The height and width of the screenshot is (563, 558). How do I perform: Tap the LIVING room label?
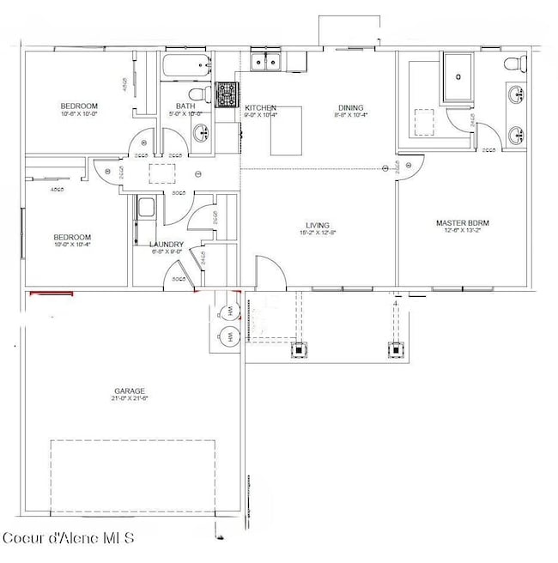click(314, 224)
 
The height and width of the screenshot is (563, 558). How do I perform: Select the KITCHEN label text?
click(259, 107)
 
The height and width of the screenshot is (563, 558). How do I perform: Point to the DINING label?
click(349, 107)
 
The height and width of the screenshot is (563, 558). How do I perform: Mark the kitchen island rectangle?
click(288, 130)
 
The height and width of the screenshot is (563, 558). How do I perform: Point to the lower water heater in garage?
click(230, 337)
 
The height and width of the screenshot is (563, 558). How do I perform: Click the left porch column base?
click(299, 349)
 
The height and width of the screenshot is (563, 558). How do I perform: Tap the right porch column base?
click(396, 349)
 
